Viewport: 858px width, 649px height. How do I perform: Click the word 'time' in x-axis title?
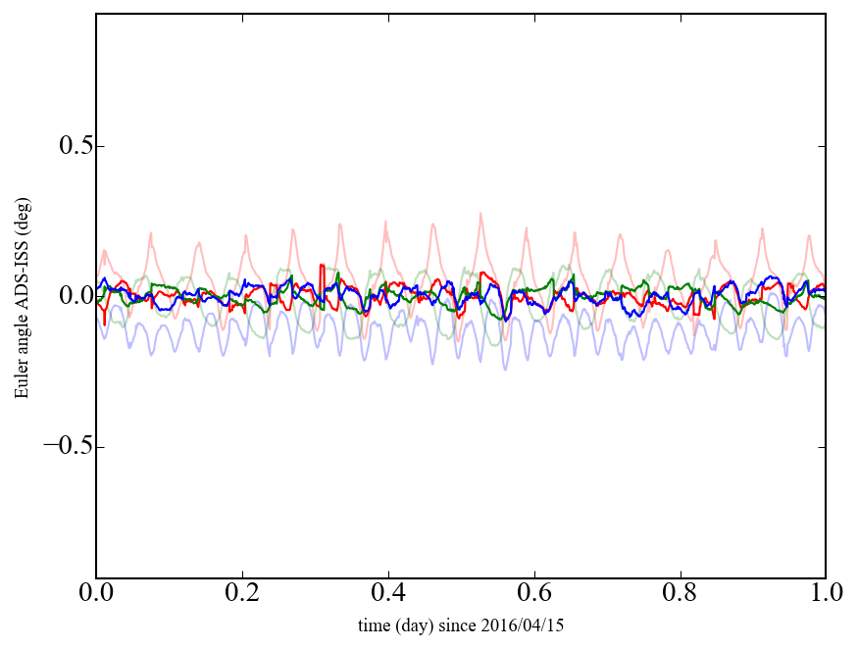373,624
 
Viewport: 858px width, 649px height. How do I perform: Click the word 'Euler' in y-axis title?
22,379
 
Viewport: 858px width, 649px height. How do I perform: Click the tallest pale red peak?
480,214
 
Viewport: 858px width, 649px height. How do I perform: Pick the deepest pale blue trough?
506,369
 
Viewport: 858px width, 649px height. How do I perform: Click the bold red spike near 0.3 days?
322,266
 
